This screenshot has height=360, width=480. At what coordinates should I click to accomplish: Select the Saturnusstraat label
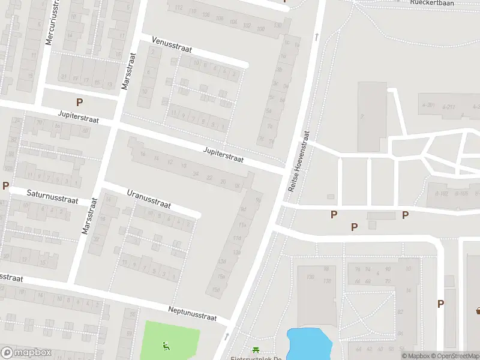coord(53,196)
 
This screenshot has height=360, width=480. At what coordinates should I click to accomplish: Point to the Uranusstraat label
coord(149,199)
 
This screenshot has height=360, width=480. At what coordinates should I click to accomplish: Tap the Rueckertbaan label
coord(432,3)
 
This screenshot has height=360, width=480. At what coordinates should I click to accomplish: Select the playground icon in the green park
coord(166,345)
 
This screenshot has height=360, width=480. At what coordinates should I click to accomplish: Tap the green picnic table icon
coord(256,350)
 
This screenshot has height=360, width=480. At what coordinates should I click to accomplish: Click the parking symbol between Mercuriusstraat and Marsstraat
coord(79,103)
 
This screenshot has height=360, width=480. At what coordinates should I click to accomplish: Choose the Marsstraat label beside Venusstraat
coord(129,71)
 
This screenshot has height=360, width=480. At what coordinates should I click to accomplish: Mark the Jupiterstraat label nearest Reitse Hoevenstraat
coord(223,155)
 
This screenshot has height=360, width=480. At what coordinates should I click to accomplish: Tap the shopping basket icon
coord(479,310)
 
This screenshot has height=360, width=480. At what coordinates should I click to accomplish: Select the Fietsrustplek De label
coord(256,358)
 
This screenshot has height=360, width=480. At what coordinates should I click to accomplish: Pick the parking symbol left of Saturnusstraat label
coord(5,185)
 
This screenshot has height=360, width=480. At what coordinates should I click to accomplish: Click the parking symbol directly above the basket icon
coord(440,304)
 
